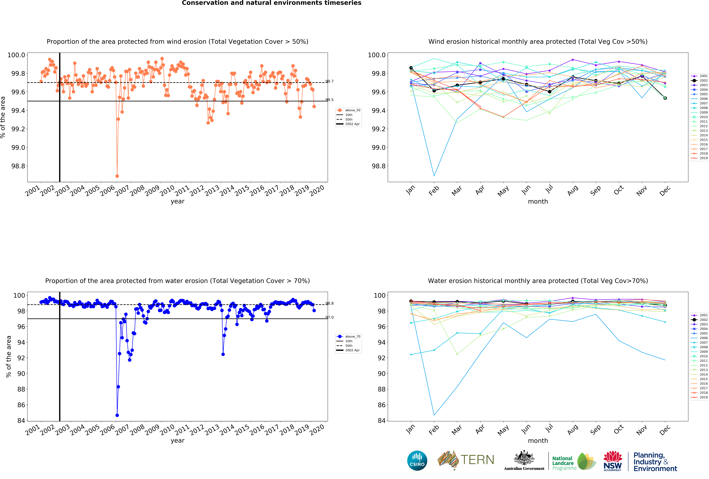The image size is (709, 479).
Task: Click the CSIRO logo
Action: click(x=417, y=460)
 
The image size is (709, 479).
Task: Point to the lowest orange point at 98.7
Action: click(x=117, y=176)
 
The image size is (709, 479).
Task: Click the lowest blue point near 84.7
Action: click(x=117, y=415)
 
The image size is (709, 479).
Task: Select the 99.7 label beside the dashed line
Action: click(x=329, y=81)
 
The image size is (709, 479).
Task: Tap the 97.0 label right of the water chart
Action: click(x=329, y=317)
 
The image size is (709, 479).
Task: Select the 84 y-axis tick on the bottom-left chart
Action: click(x=21, y=420)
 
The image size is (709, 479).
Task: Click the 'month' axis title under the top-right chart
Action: click(x=538, y=201)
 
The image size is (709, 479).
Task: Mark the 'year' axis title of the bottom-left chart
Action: click(x=178, y=441)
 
